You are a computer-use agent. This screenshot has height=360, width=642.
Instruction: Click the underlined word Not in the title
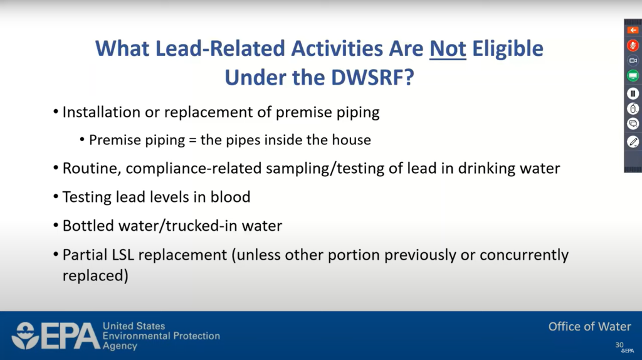point(448,49)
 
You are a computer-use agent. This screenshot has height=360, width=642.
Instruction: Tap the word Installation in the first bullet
point(101,112)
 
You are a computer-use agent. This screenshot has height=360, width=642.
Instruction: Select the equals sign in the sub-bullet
point(192,140)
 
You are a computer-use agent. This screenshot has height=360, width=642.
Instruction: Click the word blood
point(230,197)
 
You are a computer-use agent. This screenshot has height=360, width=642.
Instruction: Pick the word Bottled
point(88,226)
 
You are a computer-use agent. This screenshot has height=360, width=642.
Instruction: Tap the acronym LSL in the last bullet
point(123,255)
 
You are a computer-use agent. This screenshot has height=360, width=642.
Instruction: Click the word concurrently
point(524,255)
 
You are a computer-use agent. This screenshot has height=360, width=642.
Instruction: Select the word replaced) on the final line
point(95,275)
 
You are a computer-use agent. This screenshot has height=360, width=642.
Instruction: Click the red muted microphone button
point(633,45)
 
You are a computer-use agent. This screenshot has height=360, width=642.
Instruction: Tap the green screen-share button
point(633,76)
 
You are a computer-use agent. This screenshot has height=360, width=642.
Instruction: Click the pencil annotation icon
point(633,142)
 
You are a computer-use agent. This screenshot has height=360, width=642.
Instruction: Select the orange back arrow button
point(633,30)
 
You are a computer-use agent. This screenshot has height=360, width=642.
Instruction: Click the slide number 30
point(619,345)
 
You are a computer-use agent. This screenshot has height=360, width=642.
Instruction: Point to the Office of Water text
point(589,326)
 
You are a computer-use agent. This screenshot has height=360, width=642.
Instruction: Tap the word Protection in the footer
point(196,336)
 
